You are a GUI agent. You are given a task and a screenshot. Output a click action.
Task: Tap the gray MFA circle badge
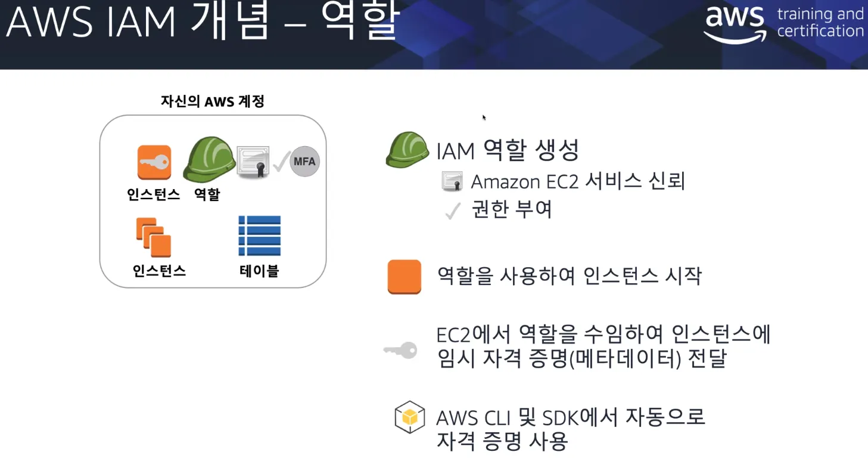(304, 162)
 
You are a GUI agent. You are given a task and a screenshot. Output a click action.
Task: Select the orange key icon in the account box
(154, 162)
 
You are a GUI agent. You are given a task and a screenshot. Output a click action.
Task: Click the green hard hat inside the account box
(209, 159)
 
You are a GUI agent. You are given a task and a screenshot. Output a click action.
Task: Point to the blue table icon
(259, 236)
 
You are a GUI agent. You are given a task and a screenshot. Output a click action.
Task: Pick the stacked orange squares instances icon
(154, 237)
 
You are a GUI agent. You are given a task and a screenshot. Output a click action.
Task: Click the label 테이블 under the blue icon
(259, 271)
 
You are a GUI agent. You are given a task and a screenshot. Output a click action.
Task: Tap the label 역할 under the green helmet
(207, 194)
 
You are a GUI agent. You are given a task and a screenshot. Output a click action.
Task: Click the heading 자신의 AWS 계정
(212, 101)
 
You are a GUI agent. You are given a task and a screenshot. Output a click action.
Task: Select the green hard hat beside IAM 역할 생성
(407, 150)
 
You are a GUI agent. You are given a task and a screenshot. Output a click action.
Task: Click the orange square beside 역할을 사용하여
(405, 277)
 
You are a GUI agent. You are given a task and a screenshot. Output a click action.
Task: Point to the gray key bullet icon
(400, 350)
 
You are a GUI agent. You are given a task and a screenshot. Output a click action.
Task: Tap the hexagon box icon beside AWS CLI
(410, 417)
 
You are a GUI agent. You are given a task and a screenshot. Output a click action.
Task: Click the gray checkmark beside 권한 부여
(453, 211)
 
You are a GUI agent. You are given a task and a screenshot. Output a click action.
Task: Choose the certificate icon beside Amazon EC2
(453, 181)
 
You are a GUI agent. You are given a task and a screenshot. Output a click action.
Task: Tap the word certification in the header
(820, 31)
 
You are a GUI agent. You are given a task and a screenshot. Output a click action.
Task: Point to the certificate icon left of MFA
(253, 161)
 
